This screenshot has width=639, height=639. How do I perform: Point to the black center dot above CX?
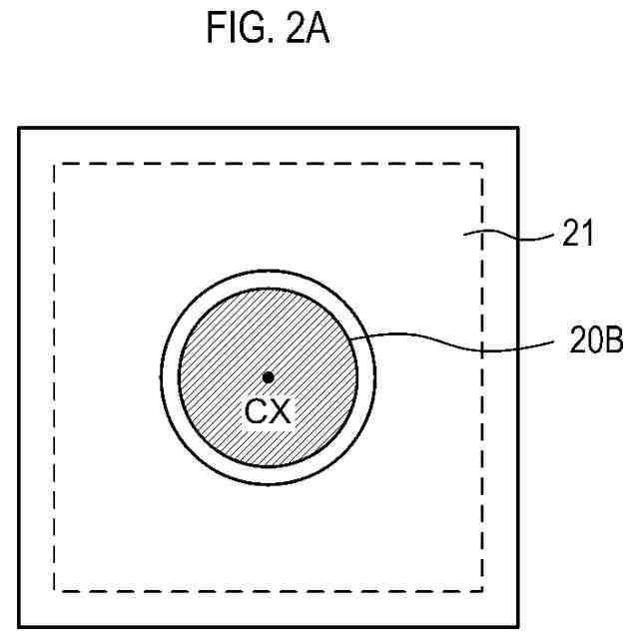[268, 376]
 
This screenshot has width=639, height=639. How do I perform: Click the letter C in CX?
[255, 409]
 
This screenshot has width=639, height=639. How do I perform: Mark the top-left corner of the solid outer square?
[20, 128]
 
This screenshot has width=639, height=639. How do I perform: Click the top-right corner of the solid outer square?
[517, 128]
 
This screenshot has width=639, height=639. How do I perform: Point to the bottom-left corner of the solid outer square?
[20, 626]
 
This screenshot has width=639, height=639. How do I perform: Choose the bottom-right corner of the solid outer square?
[517, 626]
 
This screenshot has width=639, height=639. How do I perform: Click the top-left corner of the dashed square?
[55, 164]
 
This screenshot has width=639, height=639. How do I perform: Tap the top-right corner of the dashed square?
[482, 164]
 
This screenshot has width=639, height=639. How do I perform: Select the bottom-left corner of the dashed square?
[55, 590]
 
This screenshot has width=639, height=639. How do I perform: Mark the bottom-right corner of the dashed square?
[482, 590]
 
